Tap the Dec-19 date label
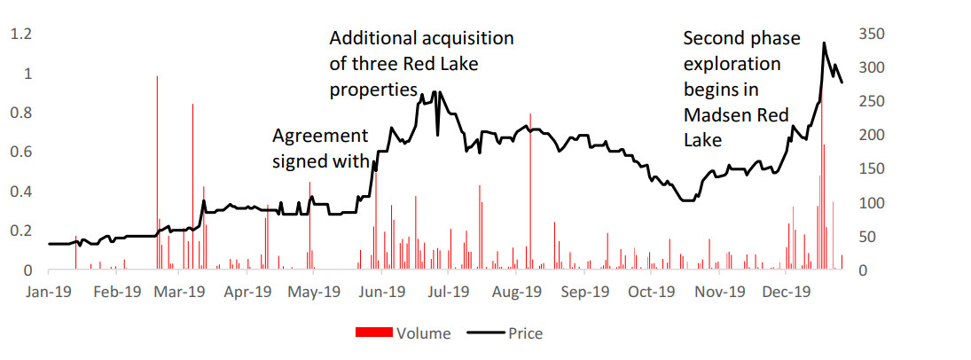click(787, 291)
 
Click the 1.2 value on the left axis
click(20, 34)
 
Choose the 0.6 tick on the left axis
click(20, 152)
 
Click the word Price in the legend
click(525, 333)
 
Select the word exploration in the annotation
click(732, 64)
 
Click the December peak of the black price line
click(825, 43)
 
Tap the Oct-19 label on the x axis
click(652, 291)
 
